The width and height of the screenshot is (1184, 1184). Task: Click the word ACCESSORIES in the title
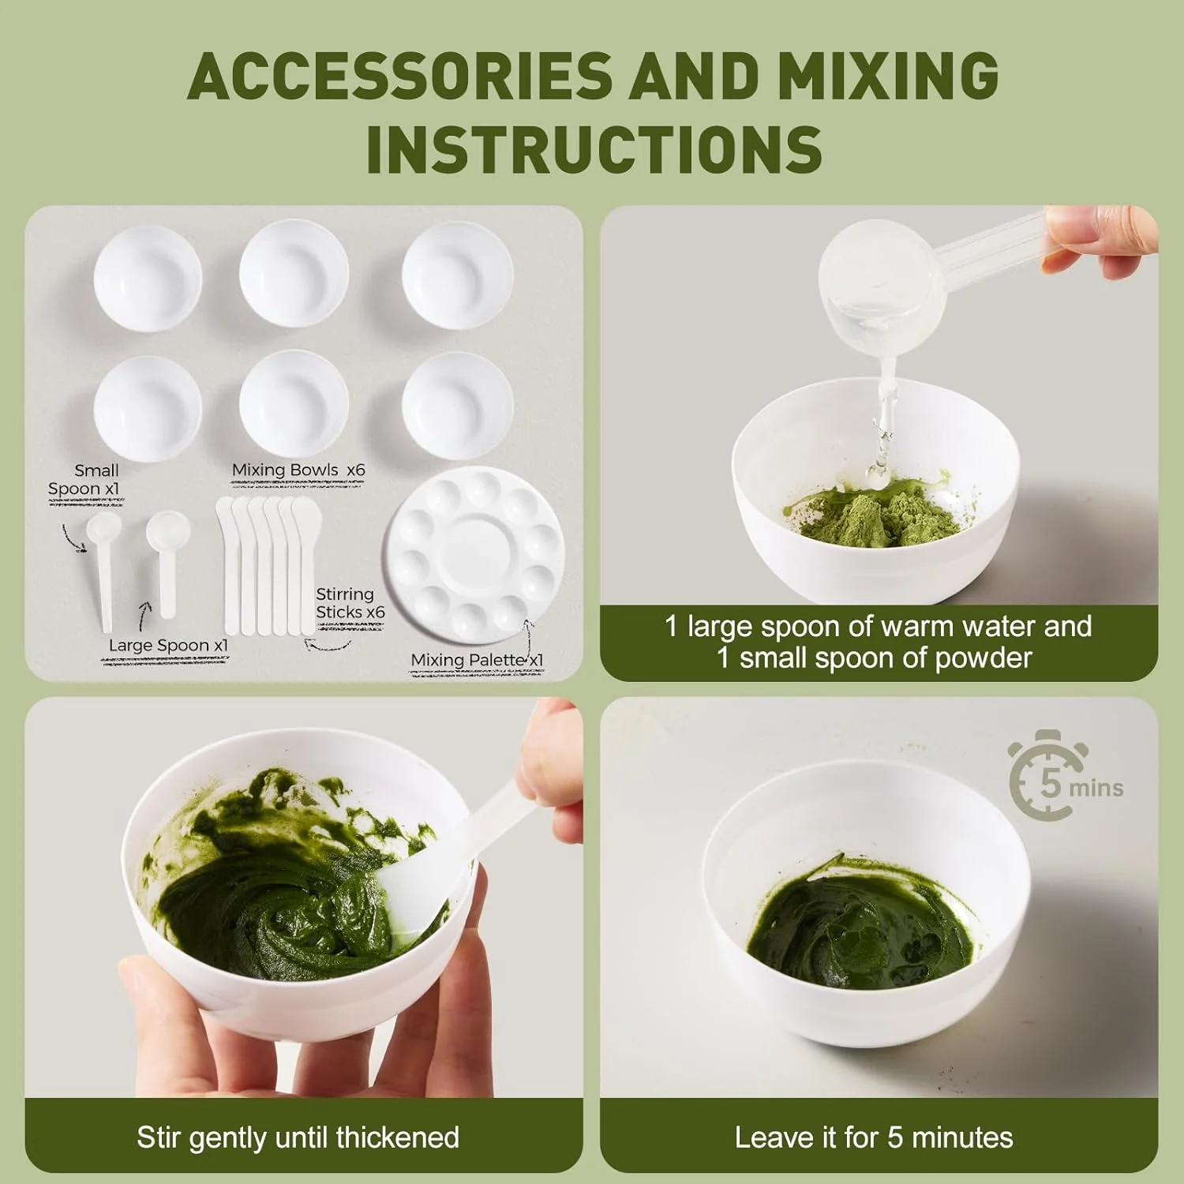tap(400, 76)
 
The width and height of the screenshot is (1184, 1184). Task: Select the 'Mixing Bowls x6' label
tap(298, 470)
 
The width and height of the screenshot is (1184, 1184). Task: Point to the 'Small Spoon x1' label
tap(84, 479)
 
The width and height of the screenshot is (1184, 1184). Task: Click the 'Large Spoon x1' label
tap(168, 645)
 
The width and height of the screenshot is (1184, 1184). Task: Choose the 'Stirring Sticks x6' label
tap(350, 603)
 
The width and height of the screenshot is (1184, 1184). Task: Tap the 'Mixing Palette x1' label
tap(477, 660)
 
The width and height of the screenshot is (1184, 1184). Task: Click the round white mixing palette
tap(474, 554)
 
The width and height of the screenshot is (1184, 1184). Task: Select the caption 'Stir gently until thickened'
tap(298, 1137)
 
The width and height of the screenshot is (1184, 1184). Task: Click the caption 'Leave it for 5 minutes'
tap(874, 1137)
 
